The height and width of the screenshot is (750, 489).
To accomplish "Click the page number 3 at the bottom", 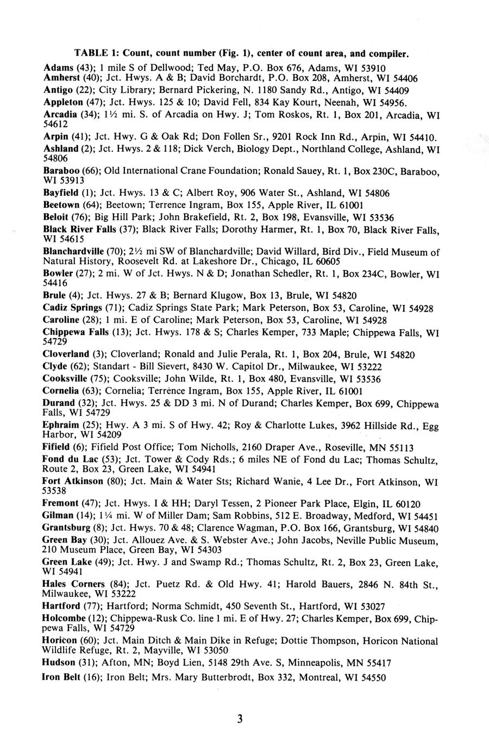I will click(x=239, y=719).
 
